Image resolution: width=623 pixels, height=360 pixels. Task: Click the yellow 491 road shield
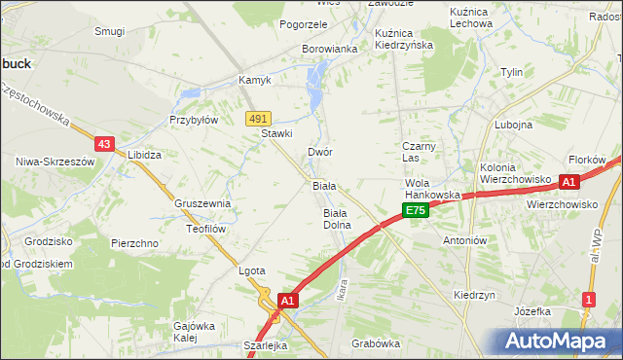pos(257,118)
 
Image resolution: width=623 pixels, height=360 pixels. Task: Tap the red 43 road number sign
pos(106,143)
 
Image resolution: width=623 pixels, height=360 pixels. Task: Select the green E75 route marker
pos(416,210)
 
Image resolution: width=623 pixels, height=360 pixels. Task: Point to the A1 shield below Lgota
pos(287,303)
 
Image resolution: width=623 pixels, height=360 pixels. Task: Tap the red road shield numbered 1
pos(588,299)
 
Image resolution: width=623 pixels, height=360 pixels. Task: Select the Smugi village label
pos(109,31)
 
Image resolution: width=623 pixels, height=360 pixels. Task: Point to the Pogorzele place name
pos(303,24)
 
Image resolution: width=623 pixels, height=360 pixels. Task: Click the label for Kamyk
pos(254,80)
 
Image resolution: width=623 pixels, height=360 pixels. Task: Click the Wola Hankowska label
pos(432,189)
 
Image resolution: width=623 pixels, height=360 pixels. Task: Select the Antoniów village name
pos(464,240)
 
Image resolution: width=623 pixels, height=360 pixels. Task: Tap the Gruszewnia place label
pos(202,203)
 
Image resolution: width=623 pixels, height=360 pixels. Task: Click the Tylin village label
pos(511,73)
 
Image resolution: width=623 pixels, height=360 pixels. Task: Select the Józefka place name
pos(532,311)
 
